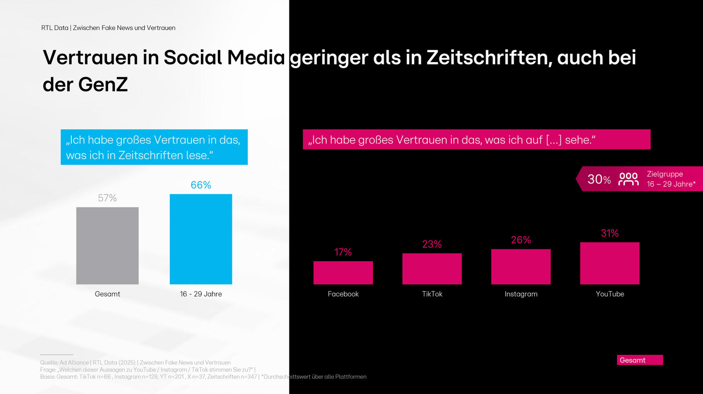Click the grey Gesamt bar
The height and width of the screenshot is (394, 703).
(x=107, y=246)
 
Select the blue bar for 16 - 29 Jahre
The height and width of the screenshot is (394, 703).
(x=201, y=239)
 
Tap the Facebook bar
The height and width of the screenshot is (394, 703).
(x=343, y=273)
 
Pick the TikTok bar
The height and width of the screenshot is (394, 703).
(x=432, y=269)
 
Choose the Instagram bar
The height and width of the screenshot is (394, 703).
(x=521, y=267)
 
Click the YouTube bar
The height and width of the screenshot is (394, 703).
(x=610, y=263)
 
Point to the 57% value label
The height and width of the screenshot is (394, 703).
(x=107, y=199)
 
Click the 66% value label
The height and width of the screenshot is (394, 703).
(x=201, y=185)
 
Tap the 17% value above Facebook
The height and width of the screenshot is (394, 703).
(x=343, y=253)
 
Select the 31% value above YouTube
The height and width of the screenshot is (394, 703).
(x=610, y=234)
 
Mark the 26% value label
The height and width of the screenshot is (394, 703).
(x=521, y=241)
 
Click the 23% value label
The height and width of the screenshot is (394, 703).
(x=432, y=245)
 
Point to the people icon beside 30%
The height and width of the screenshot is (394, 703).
(x=628, y=179)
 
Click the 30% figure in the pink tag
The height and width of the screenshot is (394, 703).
(x=599, y=179)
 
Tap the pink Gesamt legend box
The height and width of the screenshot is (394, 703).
(x=640, y=360)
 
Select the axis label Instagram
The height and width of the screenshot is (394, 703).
(x=521, y=294)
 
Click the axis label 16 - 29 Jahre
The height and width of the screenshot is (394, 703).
(x=201, y=294)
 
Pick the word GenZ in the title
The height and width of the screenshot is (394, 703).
(x=103, y=85)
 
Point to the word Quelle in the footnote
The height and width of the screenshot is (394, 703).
(x=49, y=362)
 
